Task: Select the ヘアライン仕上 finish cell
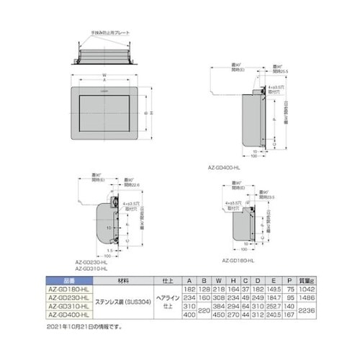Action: point(168,300)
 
